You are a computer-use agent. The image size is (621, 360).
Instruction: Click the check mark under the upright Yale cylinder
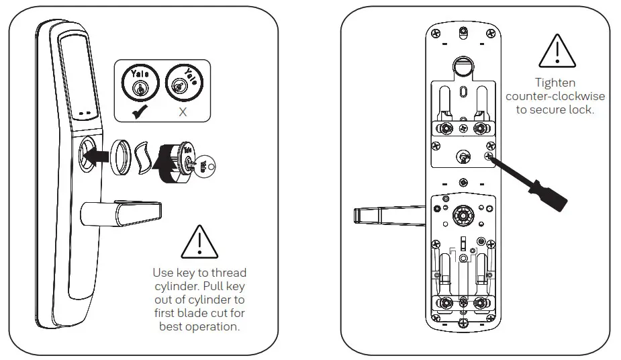[139, 111]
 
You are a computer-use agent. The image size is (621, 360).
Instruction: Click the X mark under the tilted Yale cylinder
[183, 111]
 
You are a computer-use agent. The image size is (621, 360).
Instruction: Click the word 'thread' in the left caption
[230, 273]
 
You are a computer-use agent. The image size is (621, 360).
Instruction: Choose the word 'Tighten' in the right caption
[555, 83]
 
